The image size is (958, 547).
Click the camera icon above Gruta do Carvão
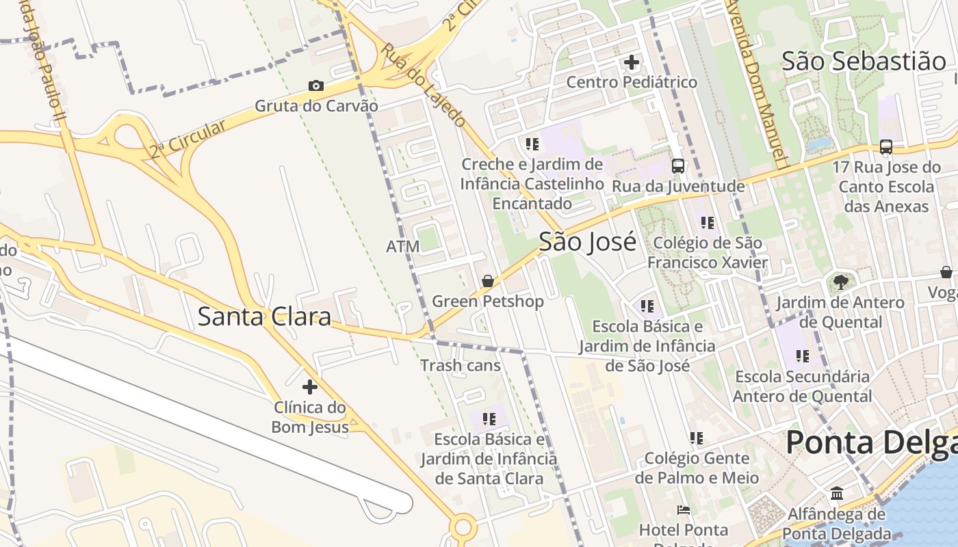click(315, 85)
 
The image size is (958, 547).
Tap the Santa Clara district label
click(264, 317)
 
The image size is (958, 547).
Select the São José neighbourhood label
click(587, 242)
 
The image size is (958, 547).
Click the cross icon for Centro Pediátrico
click(632, 62)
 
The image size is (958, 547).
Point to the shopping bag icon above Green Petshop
click(488, 281)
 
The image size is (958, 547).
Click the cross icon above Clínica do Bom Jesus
click(310, 387)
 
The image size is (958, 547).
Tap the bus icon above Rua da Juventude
click(678, 165)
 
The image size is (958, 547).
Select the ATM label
click(402, 246)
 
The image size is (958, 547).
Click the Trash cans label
click(461, 365)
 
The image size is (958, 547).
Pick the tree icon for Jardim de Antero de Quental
click(840, 282)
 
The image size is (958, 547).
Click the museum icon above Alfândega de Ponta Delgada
click(837, 493)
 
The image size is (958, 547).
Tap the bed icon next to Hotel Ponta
click(683, 509)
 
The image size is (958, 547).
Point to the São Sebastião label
click(864, 61)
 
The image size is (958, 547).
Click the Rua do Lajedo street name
click(424, 85)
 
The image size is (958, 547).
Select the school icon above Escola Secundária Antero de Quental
click(803, 356)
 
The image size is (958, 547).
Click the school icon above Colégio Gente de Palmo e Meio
click(697, 438)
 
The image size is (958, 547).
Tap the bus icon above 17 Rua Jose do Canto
click(886, 146)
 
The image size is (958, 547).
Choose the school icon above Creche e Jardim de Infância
click(532, 144)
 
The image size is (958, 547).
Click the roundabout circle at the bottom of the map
click(463, 527)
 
